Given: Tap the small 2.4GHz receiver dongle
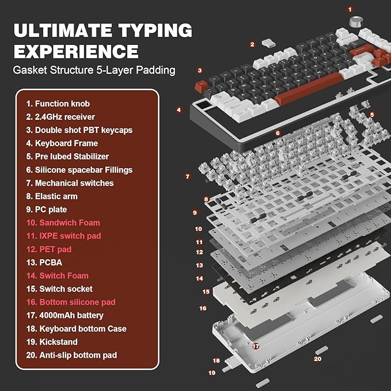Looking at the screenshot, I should point(267,44).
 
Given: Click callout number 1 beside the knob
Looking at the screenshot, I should point(350,9).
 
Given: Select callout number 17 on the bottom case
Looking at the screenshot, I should point(255,346).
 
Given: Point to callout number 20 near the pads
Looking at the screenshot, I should point(317,359).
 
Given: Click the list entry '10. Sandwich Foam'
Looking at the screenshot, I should point(63,223).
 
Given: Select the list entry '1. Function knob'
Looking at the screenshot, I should point(58,104).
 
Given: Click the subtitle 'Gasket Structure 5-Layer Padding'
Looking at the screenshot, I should point(94,71).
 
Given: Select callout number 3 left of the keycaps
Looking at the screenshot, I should point(199,71).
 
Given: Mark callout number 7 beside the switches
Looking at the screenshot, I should point(187,176).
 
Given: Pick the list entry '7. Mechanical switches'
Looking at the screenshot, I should point(70,183).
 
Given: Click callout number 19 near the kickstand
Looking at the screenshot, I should point(212,373).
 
